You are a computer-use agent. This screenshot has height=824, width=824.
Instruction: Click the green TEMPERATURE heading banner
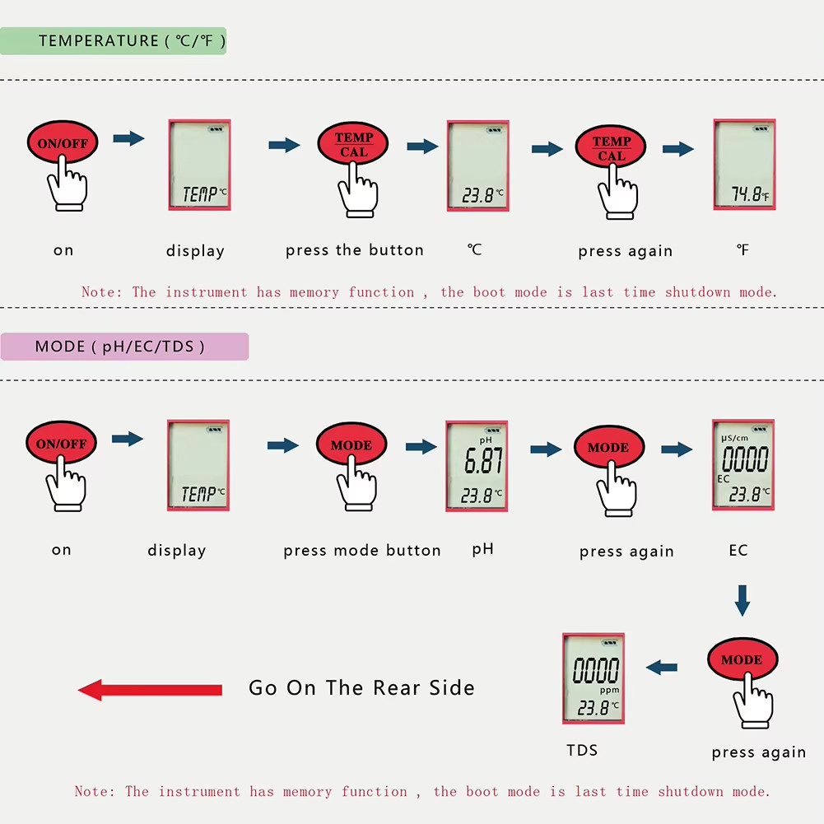click(113, 41)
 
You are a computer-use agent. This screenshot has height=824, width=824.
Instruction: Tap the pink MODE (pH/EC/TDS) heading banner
click(124, 347)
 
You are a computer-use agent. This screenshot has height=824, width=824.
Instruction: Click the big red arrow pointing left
click(150, 690)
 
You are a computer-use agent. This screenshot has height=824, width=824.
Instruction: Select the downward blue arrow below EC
click(742, 600)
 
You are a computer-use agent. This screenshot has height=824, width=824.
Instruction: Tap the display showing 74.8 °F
click(744, 165)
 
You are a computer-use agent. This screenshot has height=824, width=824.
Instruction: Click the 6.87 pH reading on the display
click(483, 460)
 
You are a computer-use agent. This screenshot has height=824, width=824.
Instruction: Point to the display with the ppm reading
click(594, 678)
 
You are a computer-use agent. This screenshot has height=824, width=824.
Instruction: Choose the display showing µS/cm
click(743, 465)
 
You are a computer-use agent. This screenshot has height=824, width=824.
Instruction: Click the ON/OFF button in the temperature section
click(63, 142)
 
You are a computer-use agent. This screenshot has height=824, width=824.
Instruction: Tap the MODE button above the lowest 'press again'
click(742, 659)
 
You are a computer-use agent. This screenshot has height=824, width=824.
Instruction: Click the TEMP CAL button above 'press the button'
click(353, 144)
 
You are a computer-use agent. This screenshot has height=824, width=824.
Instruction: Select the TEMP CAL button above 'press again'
click(611, 147)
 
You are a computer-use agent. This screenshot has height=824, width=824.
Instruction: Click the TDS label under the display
click(582, 751)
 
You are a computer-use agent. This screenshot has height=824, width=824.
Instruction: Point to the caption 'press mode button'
click(362, 551)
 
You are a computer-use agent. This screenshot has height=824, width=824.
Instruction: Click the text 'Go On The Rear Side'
click(361, 688)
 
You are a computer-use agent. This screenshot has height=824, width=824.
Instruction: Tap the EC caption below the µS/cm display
click(738, 550)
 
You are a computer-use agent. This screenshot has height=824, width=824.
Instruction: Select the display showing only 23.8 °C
click(477, 165)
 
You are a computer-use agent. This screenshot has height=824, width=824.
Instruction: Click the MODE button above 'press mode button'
click(351, 445)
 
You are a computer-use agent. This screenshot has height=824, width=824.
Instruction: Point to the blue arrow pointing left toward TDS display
click(662, 668)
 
